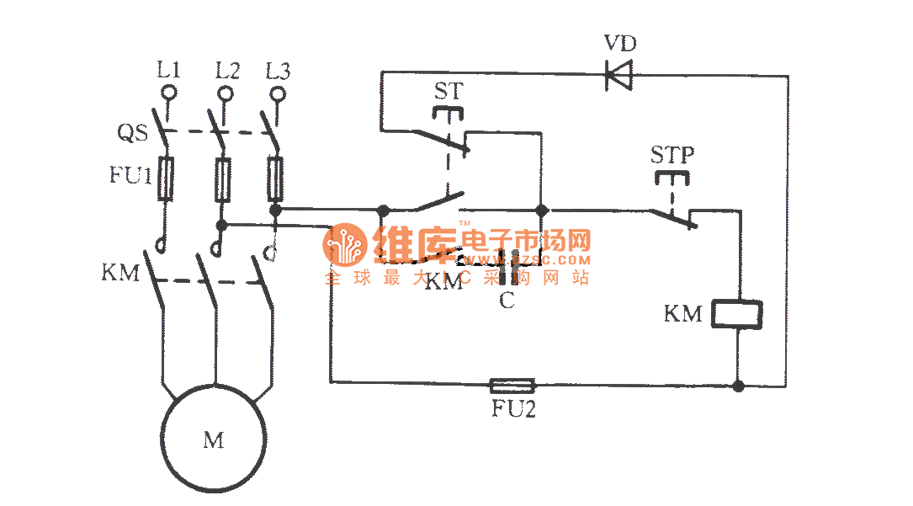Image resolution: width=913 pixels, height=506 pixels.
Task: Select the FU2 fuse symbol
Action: pos(512,386)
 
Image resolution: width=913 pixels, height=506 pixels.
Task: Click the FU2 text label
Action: pos(512,410)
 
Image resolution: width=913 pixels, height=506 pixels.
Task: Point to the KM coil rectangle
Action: pos(738,313)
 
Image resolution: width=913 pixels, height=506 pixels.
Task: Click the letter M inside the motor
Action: pos(214,439)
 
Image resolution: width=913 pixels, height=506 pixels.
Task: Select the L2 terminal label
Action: pos(226,71)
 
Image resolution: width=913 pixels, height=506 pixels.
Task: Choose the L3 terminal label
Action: pos(278,71)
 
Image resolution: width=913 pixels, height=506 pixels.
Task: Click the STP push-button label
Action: pos(671,155)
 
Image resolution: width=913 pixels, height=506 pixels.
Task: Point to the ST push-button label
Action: pos(449,91)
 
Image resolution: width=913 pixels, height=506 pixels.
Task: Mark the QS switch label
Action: pos(133,132)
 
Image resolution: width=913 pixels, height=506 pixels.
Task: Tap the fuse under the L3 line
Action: pos(275,178)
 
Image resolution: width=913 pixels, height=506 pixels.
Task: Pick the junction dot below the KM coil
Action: pos(738,386)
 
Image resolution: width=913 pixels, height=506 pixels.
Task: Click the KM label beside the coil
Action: pos(682,314)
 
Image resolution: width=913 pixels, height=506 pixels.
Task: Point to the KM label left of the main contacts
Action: pos(120,273)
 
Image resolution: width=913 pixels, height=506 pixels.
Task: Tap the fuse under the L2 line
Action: pos(222,178)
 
